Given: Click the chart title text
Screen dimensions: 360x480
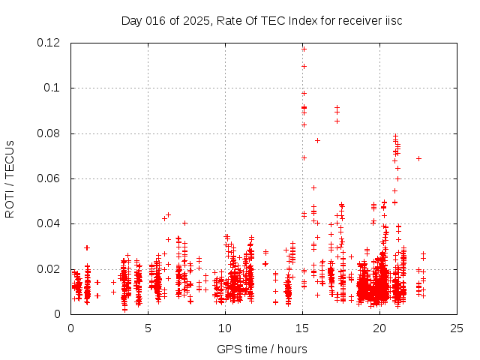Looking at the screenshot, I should click(x=262, y=20).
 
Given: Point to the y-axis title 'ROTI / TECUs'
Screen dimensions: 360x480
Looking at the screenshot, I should click(x=10, y=178).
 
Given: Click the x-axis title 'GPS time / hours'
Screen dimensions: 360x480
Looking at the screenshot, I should click(x=262, y=349).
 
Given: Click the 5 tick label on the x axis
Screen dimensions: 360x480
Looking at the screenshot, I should click(x=148, y=328).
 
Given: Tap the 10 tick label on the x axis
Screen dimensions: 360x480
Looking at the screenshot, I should click(x=225, y=328).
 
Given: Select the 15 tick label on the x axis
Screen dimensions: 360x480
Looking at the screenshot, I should click(x=302, y=328).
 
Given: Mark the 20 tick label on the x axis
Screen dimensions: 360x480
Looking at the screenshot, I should click(x=379, y=328).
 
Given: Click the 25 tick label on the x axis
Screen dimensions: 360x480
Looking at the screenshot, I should click(x=457, y=328).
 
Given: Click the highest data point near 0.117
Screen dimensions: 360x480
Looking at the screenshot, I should click(x=304, y=49).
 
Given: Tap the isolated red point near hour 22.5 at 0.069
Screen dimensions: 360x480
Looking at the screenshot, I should click(x=418, y=158).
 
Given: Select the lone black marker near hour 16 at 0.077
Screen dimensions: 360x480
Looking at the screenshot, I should click(x=317, y=140).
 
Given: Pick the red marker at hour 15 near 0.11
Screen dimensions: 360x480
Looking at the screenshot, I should click(x=304, y=66).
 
